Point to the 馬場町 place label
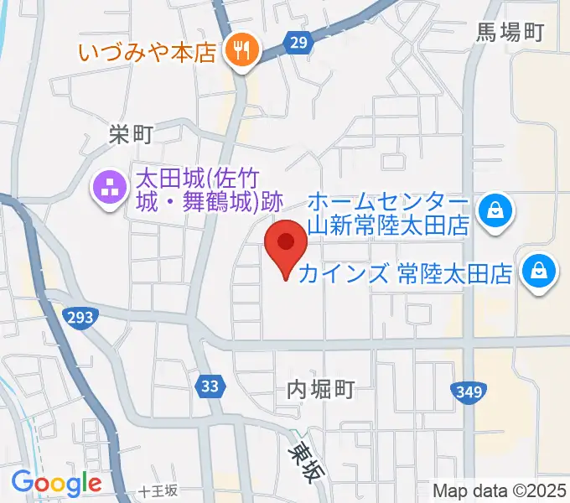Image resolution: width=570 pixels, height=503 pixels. pyautogui.click(x=510, y=33)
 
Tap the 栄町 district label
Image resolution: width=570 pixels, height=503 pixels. pyautogui.click(x=132, y=133)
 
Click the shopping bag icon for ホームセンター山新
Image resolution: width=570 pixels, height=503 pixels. pyautogui.click(x=496, y=209)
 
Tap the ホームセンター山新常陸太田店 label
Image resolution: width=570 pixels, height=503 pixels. pyautogui.click(x=387, y=214)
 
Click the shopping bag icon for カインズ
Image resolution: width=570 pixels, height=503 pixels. pyautogui.click(x=537, y=271)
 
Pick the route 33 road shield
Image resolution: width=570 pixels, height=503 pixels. pyautogui.click(x=210, y=386)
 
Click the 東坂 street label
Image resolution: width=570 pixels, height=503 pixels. pyautogui.click(x=304, y=462)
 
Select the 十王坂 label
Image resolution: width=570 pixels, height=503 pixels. pyautogui.click(x=159, y=491)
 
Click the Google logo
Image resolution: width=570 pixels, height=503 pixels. pyautogui.click(x=56, y=482)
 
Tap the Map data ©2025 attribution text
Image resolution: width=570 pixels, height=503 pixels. pyautogui.click(x=500, y=490)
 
